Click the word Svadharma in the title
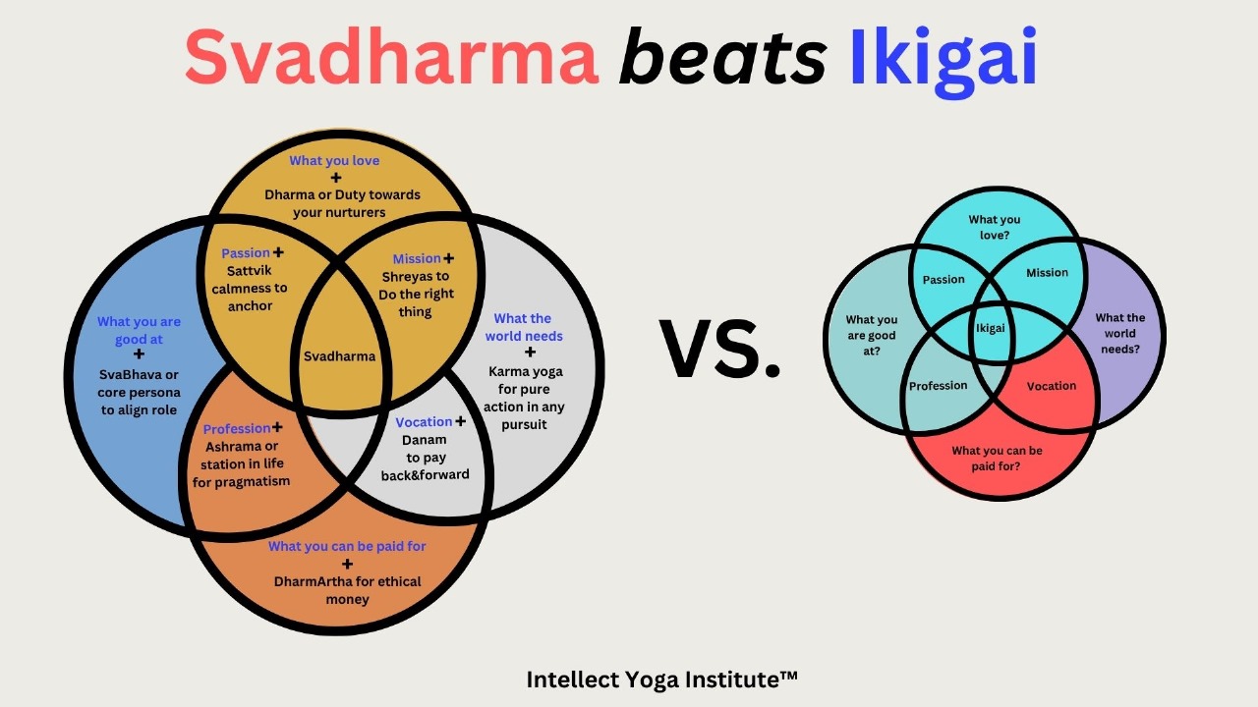[391, 58]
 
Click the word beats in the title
[722, 58]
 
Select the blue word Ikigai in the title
[943, 62]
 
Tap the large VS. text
[720, 348]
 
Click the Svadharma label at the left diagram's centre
[339, 356]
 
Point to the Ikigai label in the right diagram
[990, 328]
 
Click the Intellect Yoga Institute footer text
[661, 680]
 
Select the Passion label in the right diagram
[943, 280]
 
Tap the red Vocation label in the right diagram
[1052, 386]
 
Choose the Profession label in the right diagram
[938, 386]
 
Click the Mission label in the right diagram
[1047, 273]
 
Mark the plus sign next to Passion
[278, 252]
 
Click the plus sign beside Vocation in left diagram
[461, 421]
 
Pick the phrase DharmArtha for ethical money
[347, 590]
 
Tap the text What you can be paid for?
[997, 459]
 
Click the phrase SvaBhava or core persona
[139, 383]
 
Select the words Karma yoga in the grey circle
[526, 371]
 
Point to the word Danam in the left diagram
[424, 440]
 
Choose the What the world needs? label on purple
[1119, 333]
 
